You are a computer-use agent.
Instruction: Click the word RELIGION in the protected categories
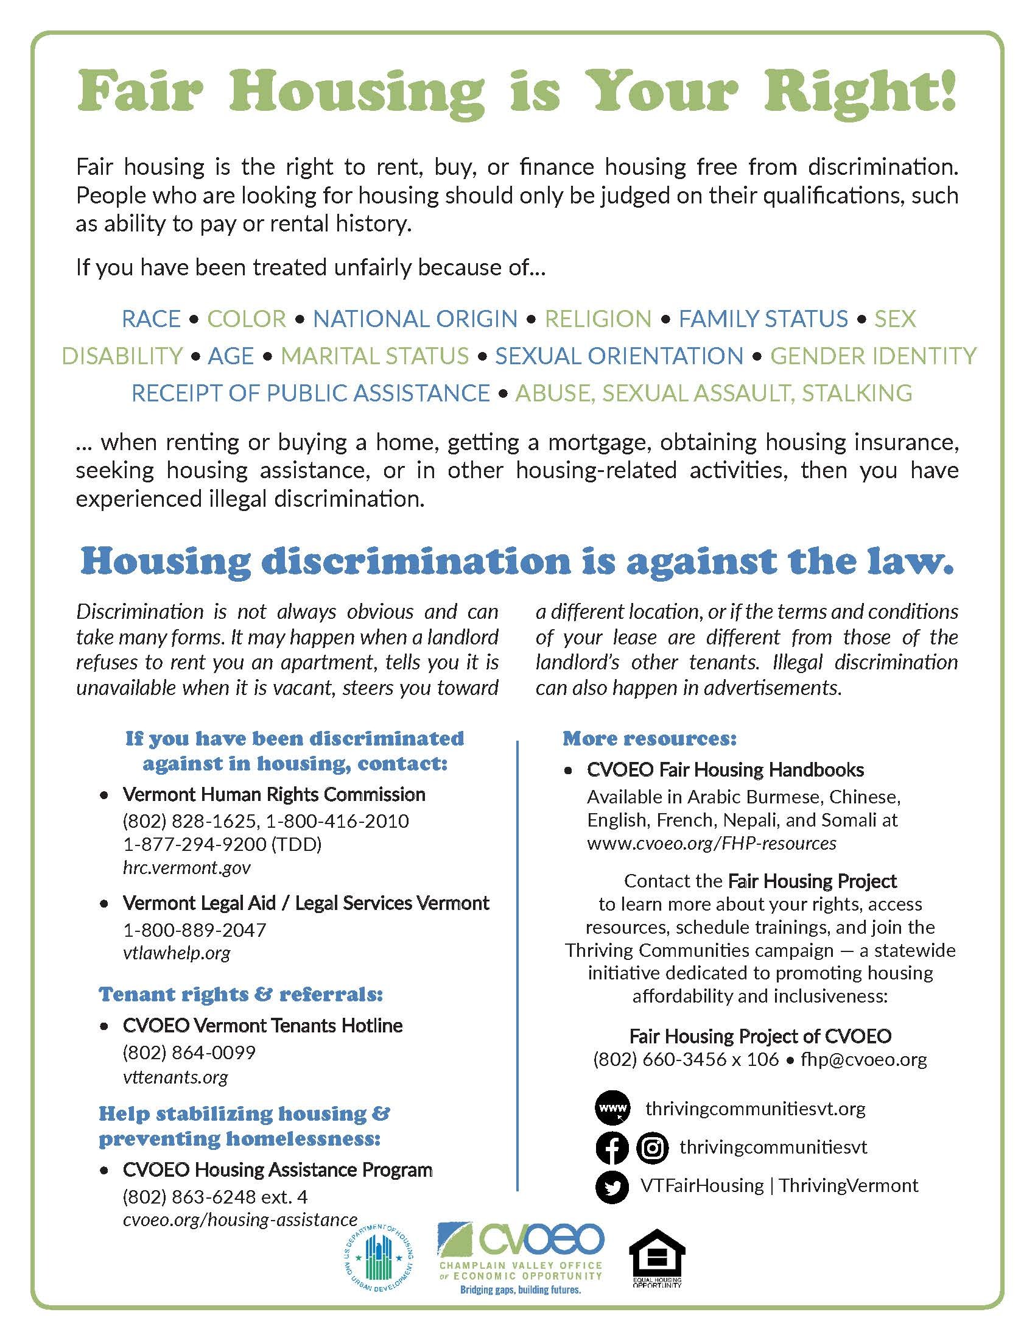598,319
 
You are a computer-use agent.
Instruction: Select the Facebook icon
611,1148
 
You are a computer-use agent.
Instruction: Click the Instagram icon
653,1148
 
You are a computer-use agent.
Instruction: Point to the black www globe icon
611,1109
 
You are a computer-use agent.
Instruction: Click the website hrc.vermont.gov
186,868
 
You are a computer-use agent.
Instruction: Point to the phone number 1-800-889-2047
194,930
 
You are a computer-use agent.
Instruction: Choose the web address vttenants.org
175,1077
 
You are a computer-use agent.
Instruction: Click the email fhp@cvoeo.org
864,1060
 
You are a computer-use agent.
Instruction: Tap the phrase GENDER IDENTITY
872,356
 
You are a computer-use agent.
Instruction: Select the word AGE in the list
231,356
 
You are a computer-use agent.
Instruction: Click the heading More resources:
650,738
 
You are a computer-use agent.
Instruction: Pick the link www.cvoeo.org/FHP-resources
711,844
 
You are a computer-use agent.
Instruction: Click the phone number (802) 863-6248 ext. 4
214,1197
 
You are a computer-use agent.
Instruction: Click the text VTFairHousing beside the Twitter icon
701,1185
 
